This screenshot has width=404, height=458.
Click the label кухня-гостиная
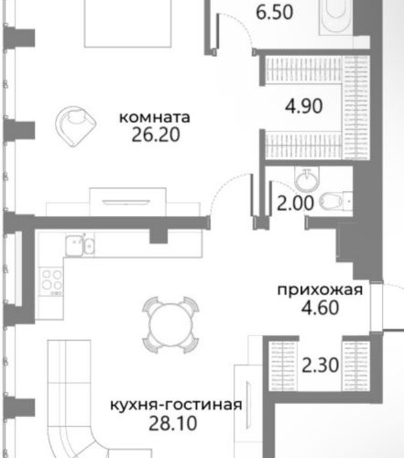tap(175, 406)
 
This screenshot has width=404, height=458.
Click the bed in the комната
tap(136, 23)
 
